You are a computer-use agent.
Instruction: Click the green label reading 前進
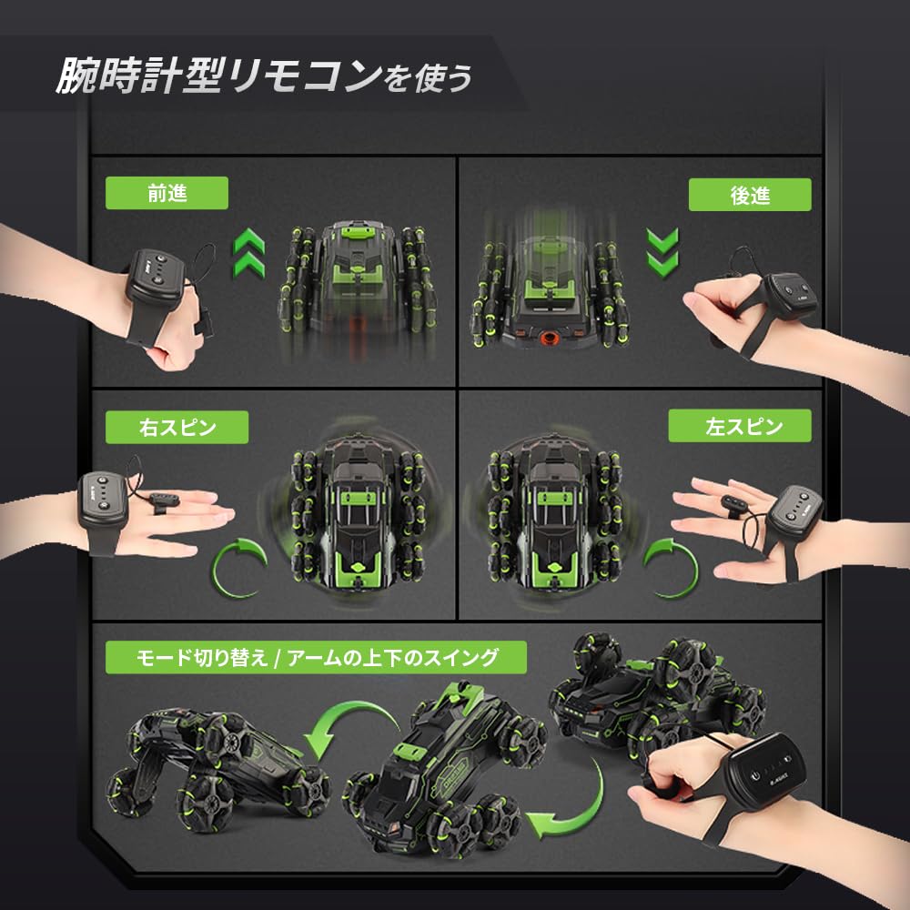click(166, 194)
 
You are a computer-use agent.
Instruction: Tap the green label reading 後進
click(749, 195)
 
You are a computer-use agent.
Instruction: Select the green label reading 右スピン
click(177, 426)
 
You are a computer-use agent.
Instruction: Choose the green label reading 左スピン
click(739, 425)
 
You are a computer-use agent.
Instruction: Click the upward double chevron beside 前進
click(248, 253)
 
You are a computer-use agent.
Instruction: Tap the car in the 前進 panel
click(359, 283)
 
